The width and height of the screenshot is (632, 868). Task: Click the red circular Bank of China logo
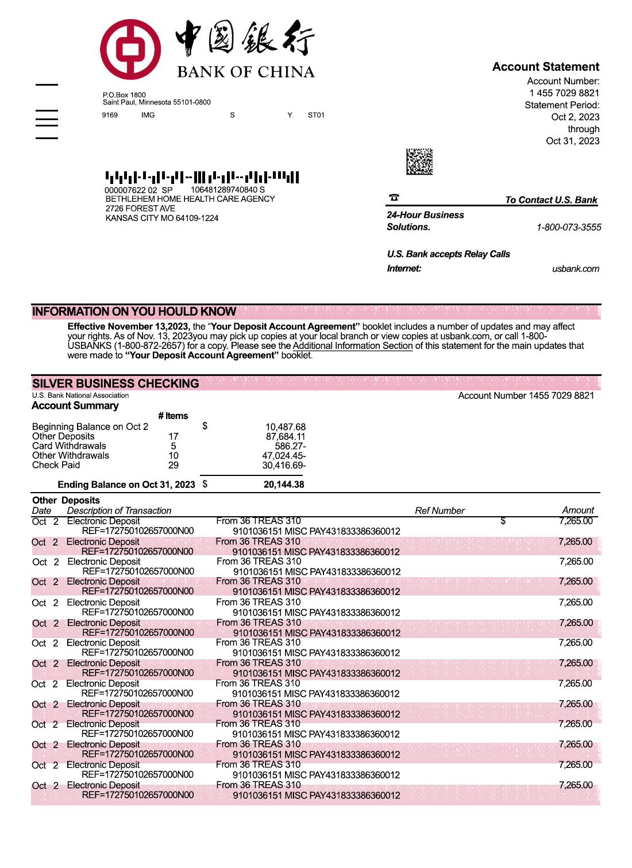click(130, 49)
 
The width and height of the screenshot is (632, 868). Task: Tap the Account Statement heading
click(545, 67)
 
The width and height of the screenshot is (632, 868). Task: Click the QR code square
click(419, 162)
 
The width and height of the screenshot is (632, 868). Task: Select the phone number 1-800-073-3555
click(568, 227)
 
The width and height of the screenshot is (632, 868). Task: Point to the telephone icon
click(394, 198)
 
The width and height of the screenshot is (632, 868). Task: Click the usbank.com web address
click(575, 268)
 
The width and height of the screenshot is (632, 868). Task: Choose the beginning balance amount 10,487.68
click(285, 427)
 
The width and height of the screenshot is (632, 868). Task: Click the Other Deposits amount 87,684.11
click(285, 436)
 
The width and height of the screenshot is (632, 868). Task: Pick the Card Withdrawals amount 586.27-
click(290, 446)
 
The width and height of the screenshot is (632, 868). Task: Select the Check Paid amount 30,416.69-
click(284, 466)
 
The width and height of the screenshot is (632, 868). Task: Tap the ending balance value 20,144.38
click(284, 485)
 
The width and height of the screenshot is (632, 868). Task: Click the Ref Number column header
click(440, 510)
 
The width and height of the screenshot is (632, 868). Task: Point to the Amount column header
click(577, 510)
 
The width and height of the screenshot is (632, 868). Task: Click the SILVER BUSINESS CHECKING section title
click(115, 383)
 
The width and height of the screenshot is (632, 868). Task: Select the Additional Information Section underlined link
click(352, 346)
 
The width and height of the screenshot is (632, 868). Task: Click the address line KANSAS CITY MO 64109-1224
click(161, 218)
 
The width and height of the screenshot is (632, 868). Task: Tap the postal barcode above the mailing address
click(202, 177)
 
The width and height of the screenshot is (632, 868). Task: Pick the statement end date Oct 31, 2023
click(572, 141)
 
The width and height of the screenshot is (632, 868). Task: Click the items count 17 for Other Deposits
click(174, 436)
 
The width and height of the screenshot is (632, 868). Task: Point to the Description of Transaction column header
click(119, 510)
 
